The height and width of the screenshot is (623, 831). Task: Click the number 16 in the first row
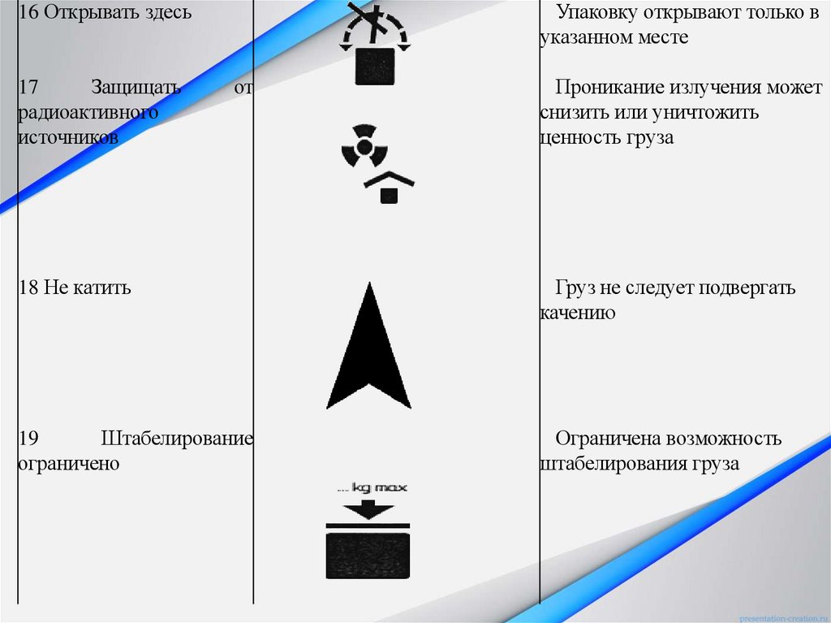pyautogui.click(x=28, y=13)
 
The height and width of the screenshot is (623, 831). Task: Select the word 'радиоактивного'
pyautogui.click(x=88, y=112)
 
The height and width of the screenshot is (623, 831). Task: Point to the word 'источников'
pyautogui.click(x=68, y=137)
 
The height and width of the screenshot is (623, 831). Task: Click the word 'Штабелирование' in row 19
pyautogui.click(x=177, y=439)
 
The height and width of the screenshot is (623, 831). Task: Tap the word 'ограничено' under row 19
pyautogui.click(x=69, y=464)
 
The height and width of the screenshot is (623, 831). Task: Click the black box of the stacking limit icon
pyautogui.click(x=368, y=556)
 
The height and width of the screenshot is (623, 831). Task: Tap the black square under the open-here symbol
pyautogui.click(x=373, y=67)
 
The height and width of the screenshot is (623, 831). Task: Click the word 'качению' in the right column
pyautogui.click(x=577, y=313)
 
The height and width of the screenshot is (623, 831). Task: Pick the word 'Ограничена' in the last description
pyautogui.click(x=607, y=439)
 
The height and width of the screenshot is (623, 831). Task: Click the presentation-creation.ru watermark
pyautogui.click(x=784, y=615)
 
